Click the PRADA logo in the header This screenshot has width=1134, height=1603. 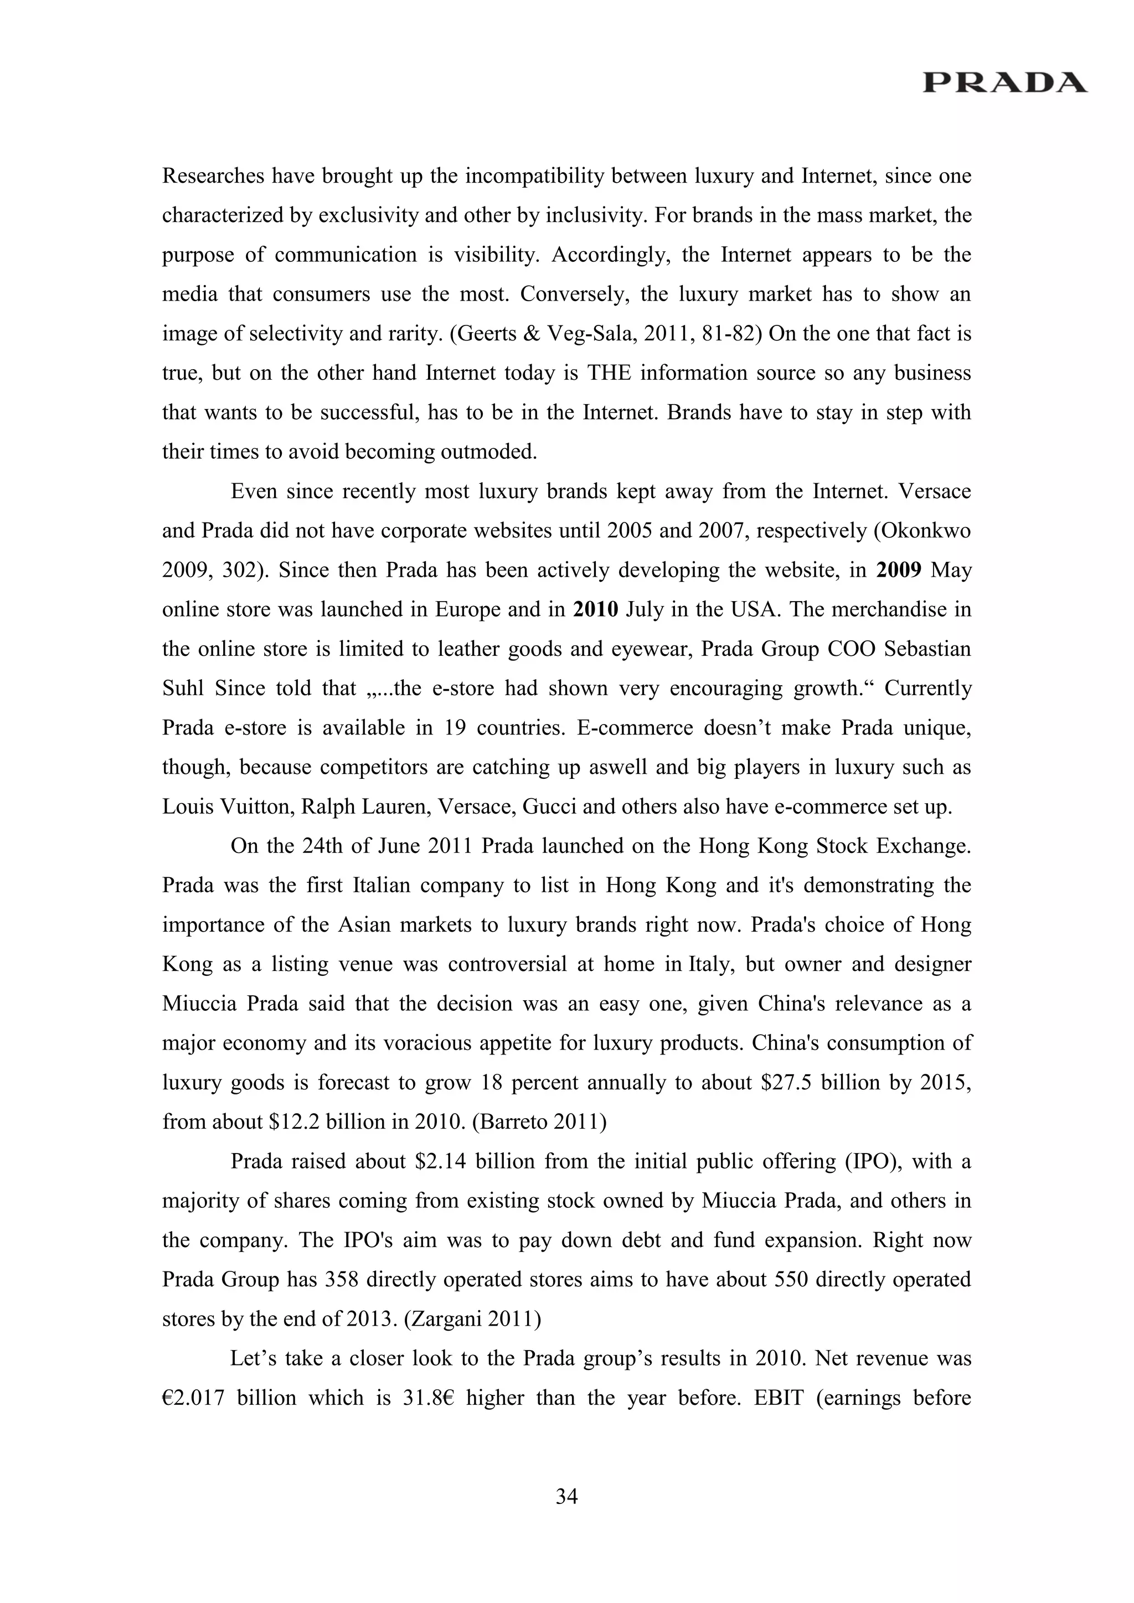click(x=1004, y=82)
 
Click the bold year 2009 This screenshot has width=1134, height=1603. click(x=899, y=571)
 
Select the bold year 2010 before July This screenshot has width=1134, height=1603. click(x=596, y=609)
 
